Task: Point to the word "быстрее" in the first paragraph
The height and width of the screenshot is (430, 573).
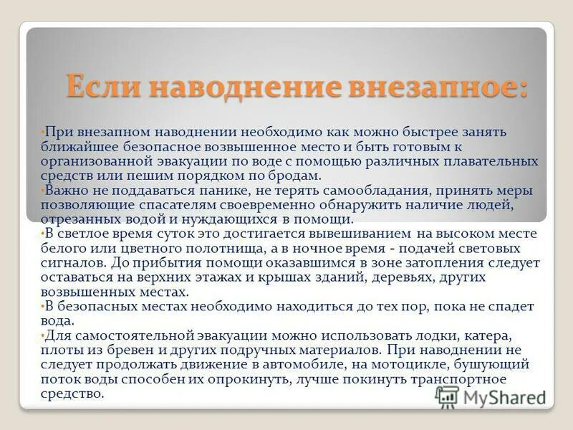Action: point(393,132)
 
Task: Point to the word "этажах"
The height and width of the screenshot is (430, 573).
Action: point(219,277)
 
